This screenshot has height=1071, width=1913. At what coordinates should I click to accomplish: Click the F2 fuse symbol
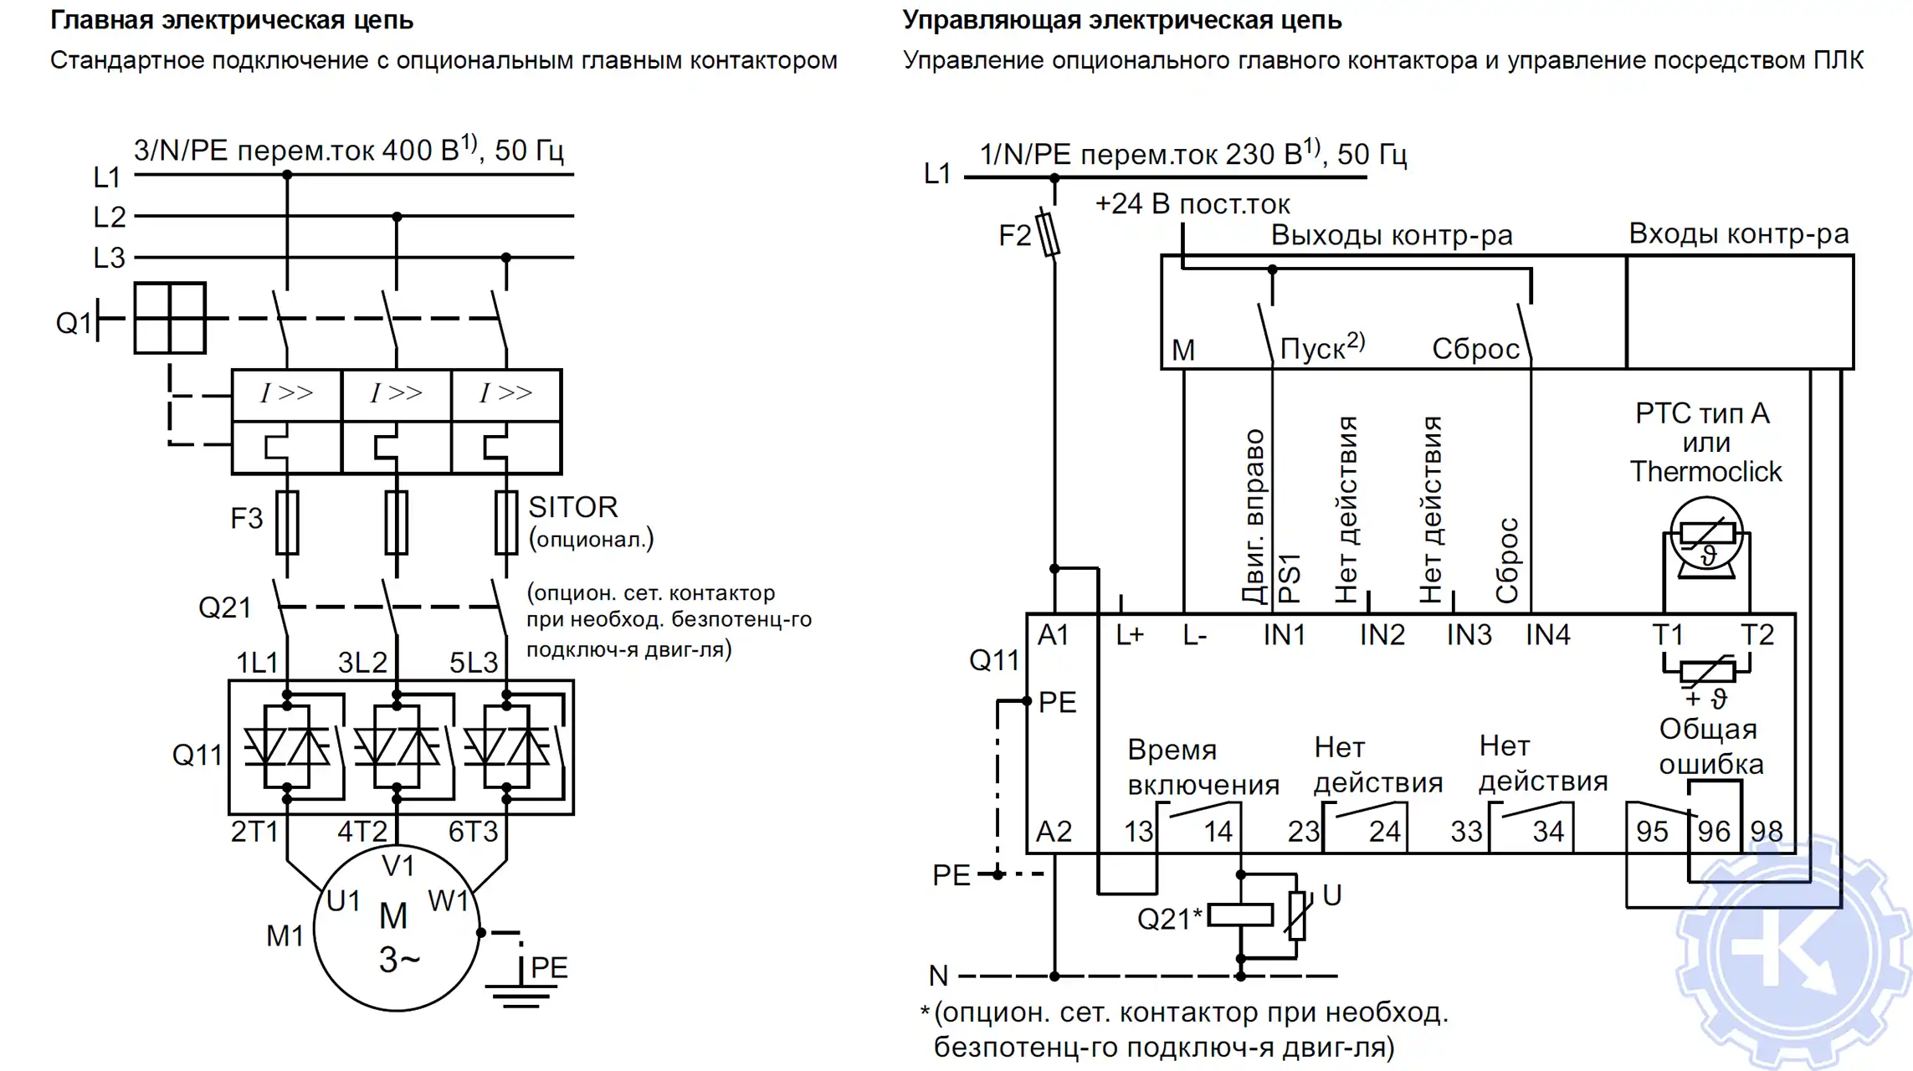pos(1048,234)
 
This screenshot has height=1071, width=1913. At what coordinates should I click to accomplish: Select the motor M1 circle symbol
pos(397,929)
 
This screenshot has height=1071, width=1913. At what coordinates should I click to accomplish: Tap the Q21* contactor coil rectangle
pos(1240,915)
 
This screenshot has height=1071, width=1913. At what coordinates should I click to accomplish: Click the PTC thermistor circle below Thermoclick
pos(1706,534)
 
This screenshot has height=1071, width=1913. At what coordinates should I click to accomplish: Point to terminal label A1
pos(1053,635)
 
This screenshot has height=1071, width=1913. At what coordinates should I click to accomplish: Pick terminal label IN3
pos(1469,635)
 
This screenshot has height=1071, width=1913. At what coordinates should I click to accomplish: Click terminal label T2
pos(1757,635)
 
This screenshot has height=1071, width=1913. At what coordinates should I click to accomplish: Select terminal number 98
pos(1766,832)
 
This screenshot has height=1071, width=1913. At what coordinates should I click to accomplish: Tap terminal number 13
pos(1138,832)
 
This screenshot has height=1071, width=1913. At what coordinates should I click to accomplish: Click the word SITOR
pos(573,507)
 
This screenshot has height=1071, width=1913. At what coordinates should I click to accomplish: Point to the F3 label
pos(246,519)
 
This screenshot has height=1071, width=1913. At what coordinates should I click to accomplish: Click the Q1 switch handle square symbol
pos(170,318)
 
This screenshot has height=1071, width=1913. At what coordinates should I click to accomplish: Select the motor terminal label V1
pos(397,866)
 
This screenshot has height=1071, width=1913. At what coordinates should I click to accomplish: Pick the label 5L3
pos(473,663)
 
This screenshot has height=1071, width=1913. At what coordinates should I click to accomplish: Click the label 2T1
pos(254,832)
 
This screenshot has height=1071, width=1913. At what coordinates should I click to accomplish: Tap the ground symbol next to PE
pos(520,996)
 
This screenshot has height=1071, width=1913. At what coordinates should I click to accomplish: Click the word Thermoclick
pos(1705,472)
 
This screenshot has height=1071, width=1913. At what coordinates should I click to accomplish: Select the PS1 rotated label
pos(1290,578)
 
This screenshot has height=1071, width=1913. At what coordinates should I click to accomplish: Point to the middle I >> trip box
pos(397,393)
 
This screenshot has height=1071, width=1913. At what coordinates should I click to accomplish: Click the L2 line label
pos(109,218)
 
